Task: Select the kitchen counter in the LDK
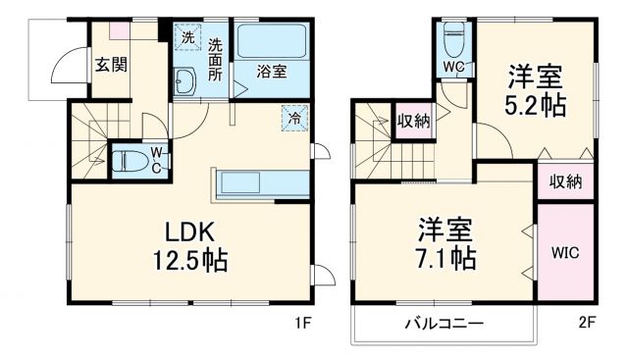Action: pyautogui.click(x=257, y=183)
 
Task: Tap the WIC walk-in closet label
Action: pyautogui.click(x=565, y=252)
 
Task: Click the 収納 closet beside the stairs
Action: pyautogui.click(x=412, y=121)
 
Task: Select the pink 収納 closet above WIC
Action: pyautogui.click(x=565, y=180)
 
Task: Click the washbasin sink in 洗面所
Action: pyautogui.click(x=187, y=84)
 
